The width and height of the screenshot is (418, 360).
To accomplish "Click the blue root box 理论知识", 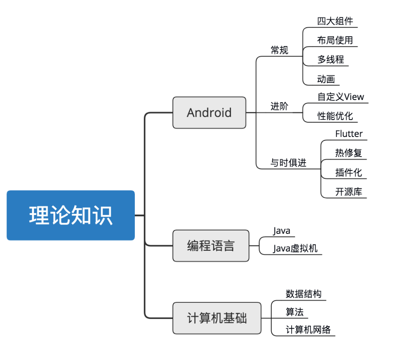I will pyautogui.click(x=71, y=215).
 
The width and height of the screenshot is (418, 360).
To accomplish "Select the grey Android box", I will pyautogui.click(x=209, y=113).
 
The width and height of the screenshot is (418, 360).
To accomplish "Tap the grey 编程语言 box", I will pyautogui.click(x=211, y=246).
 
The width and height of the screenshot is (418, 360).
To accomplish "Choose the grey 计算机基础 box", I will pyautogui.click(x=217, y=318).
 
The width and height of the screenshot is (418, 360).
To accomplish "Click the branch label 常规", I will pyautogui.click(x=279, y=50).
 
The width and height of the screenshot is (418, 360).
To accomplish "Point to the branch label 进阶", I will pyautogui.click(x=279, y=107).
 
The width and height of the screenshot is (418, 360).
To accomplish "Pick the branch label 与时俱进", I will pyautogui.click(x=288, y=163).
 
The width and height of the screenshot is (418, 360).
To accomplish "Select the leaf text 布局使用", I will pyautogui.click(x=335, y=40).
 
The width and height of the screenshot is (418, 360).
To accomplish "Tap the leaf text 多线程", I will pyautogui.click(x=330, y=60).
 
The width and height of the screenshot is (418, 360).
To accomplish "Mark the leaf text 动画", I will pyautogui.click(x=326, y=79).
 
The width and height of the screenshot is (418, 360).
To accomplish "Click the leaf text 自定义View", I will pyautogui.click(x=340, y=97).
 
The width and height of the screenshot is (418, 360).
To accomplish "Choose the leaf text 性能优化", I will pyautogui.click(x=335, y=116).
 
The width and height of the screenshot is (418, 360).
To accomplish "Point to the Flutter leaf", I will pyautogui.click(x=349, y=134).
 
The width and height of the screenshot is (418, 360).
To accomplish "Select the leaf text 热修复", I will pyautogui.click(x=348, y=153).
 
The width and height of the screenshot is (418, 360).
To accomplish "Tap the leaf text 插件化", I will pyautogui.click(x=348, y=172).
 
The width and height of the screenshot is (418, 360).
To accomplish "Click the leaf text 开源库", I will pyautogui.click(x=348, y=192).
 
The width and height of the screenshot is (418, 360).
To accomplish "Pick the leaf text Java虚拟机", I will pyautogui.click(x=295, y=248).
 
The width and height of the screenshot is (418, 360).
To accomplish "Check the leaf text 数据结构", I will pyautogui.click(x=304, y=294).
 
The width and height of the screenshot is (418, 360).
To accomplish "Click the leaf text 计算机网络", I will pyautogui.click(x=308, y=330).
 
